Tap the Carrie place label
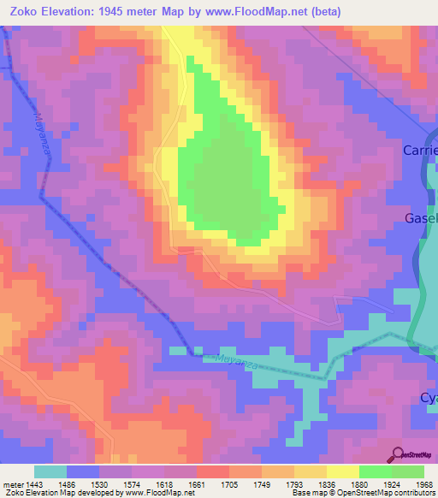420,151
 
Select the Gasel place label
421,219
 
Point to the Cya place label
428,398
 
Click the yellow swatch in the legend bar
343,471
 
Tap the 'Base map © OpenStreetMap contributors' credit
362,492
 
